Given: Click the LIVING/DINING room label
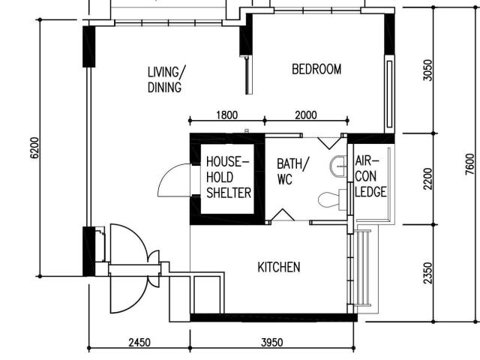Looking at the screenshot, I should tap(165, 79).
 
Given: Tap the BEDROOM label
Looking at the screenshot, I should tap(316, 70).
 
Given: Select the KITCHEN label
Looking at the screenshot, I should tap(279, 267).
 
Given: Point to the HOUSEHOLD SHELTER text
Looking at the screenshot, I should tap(228, 177).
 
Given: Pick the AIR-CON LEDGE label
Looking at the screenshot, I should tap(370, 177).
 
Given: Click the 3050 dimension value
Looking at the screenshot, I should tap(427, 70).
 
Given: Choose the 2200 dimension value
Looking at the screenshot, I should tap(427, 178).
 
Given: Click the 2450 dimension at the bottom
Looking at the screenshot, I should tap(139, 343).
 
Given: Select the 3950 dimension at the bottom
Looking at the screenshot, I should tap(271, 343).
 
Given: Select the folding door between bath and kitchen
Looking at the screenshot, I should tap(281, 217).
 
